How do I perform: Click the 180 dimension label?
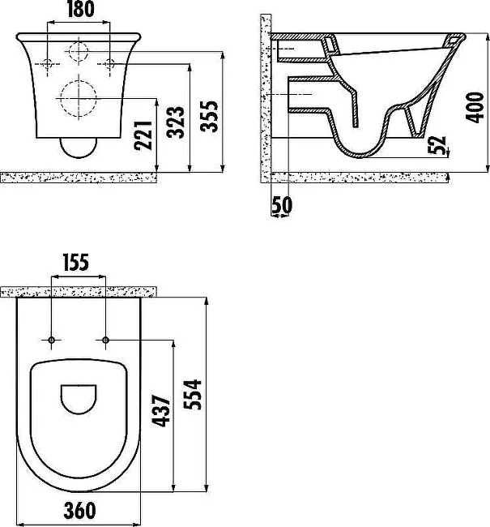click(81, 10)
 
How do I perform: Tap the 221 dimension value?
click(143, 135)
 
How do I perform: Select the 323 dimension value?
click(176, 122)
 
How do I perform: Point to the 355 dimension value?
click(209, 116)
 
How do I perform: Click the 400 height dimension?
click(475, 108)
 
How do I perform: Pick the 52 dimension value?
click(437, 145)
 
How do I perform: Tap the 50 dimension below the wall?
click(281, 204)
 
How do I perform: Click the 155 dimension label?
click(76, 263)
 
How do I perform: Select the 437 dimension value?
click(161, 411)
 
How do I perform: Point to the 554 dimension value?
click(193, 395)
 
